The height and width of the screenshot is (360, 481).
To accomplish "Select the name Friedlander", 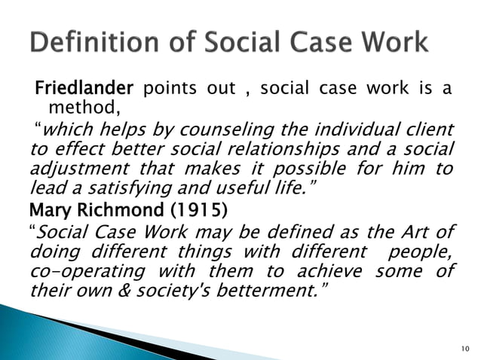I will (x=84, y=90).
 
